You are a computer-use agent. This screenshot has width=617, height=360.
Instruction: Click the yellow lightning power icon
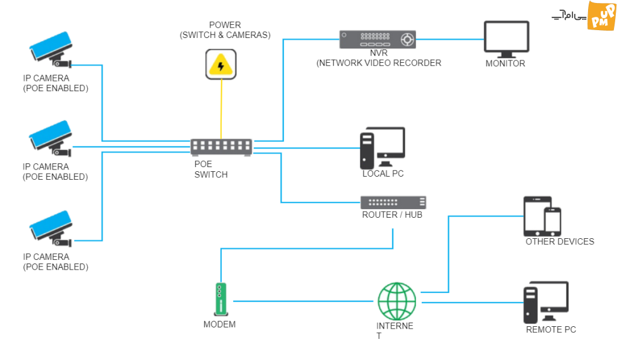(221, 64)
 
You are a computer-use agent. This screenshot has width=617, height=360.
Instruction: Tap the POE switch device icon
(221, 147)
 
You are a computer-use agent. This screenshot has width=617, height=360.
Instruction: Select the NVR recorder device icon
(377, 39)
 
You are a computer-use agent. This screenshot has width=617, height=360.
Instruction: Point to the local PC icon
(383, 148)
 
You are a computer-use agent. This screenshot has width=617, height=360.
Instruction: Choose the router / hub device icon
(393, 203)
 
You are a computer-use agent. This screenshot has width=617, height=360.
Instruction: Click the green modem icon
(221, 299)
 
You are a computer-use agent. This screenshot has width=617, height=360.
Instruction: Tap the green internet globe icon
(396, 302)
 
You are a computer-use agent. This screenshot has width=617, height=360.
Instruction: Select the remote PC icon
(546, 303)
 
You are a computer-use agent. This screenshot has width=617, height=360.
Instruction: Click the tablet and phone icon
(542, 216)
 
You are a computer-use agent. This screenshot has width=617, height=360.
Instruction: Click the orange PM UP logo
(601, 16)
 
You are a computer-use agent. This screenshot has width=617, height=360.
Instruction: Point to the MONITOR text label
(506, 63)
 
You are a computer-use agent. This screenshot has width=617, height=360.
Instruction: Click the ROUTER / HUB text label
(392, 215)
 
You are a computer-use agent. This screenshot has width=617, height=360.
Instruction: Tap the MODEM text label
(219, 324)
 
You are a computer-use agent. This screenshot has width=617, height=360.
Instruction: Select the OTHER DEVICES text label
(560, 241)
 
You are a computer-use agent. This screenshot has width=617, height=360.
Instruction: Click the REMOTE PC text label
(551, 330)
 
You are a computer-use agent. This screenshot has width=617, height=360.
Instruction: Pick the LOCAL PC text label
(383, 174)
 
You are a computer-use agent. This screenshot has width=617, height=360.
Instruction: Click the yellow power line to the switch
(221, 109)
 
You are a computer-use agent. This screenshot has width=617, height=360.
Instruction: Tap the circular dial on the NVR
(407, 39)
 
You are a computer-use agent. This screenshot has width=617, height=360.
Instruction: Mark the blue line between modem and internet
(304, 302)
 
